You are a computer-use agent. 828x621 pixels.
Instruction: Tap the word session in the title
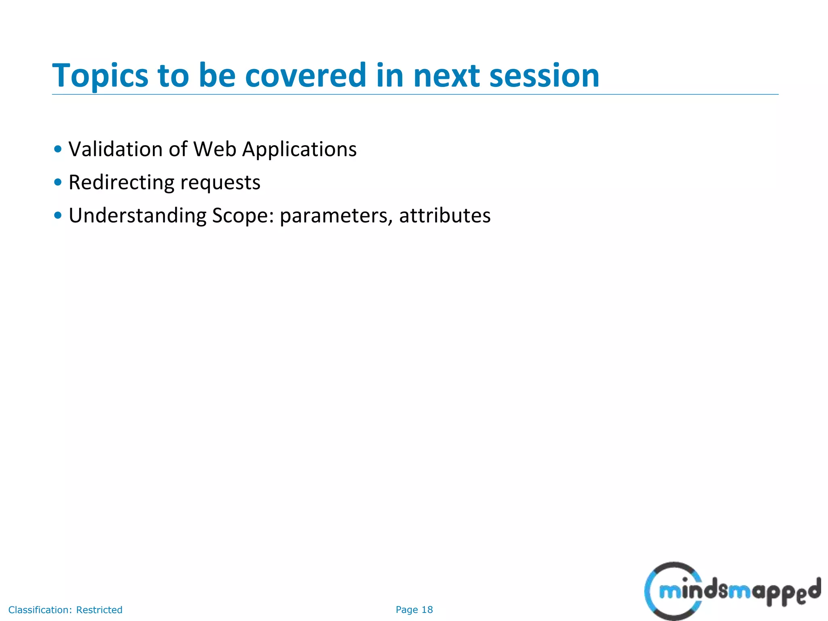(x=544, y=76)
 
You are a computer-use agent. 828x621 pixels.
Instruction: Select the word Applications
(x=299, y=150)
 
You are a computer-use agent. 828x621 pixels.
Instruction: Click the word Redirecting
(x=121, y=182)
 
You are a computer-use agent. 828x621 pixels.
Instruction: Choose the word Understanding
(x=137, y=215)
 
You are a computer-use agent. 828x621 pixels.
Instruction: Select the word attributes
(x=445, y=215)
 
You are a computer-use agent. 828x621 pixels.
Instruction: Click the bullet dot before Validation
(x=58, y=149)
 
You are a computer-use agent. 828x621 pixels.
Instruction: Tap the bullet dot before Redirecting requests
(x=58, y=182)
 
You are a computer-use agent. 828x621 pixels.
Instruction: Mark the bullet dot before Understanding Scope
(x=58, y=215)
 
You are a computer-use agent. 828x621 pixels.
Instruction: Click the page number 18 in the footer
(x=427, y=610)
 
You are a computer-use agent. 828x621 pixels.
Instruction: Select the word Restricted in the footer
(x=99, y=610)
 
